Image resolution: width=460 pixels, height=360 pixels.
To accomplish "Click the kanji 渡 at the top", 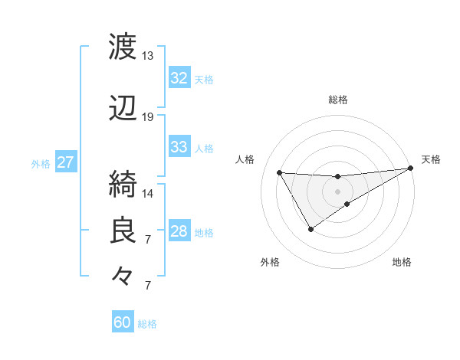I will tap(123, 47).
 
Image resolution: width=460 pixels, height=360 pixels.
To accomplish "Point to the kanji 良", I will tap(123, 231).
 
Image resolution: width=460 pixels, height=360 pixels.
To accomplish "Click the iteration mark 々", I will tap(123, 274).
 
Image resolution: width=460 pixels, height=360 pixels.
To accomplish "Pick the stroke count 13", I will tap(148, 56).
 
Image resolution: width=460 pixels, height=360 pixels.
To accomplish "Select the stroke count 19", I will tap(148, 117).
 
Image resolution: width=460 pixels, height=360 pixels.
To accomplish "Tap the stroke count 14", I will tap(148, 193).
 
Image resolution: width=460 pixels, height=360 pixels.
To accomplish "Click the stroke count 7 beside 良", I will tap(148, 240).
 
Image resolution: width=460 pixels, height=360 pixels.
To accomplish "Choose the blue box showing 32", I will tap(179, 78).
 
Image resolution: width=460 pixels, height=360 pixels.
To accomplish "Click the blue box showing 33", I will tap(179, 147).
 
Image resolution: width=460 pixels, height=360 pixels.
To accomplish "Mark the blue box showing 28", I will tap(179, 231).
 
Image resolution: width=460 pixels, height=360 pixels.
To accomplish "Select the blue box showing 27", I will tap(66, 162).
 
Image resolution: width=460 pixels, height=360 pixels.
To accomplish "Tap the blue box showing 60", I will tap(123, 322).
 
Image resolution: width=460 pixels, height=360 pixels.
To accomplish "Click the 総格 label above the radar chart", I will tap(338, 100).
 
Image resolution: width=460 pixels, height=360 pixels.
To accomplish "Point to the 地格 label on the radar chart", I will tap(402, 263).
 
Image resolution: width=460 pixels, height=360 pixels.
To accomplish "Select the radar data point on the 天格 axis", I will tap(411, 169).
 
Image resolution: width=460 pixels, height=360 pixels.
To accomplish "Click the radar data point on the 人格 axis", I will tap(279, 172).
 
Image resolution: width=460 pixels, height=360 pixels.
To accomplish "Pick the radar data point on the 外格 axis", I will tap(310, 229).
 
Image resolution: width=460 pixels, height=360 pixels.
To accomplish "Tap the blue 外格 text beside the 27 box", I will tap(41, 163).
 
